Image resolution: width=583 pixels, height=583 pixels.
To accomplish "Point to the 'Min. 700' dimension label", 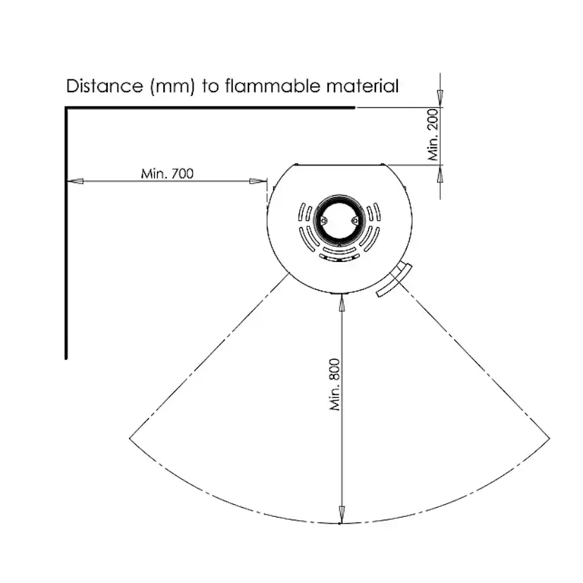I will (167, 173).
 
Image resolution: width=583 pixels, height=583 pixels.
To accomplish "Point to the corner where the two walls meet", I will (66, 108).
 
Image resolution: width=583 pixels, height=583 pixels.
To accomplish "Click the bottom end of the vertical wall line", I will (66, 357).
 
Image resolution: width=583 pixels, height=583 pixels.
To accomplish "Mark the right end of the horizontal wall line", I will (354, 108).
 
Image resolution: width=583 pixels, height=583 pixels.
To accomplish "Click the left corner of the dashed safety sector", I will (130, 438).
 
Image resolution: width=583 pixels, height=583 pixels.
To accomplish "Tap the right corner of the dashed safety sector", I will (549, 436).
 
